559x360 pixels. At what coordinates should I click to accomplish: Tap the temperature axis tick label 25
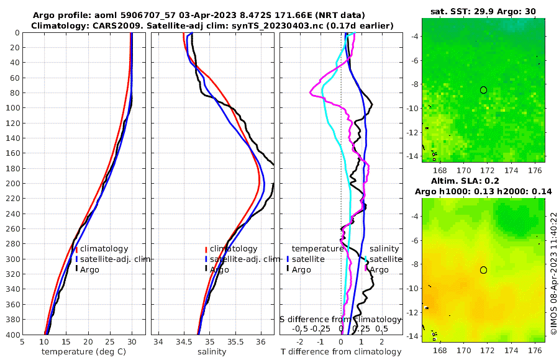[x=110, y=341]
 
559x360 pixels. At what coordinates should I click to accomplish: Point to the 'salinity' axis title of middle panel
[x=212, y=352]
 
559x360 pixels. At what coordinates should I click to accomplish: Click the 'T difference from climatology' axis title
[x=342, y=352]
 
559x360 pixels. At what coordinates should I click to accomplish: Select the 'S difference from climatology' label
[x=340, y=319]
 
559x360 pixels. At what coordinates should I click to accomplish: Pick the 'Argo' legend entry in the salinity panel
[x=219, y=269]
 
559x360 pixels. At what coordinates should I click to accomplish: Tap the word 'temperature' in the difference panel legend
[x=318, y=249]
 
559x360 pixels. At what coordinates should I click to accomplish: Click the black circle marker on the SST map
[x=483, y=90]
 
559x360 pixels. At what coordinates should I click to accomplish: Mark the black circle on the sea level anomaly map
[x=483, y=270]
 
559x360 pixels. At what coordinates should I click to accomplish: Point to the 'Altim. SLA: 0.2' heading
[x=483, y=181]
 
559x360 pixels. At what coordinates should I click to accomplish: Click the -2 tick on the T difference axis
[x=300, y=341]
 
